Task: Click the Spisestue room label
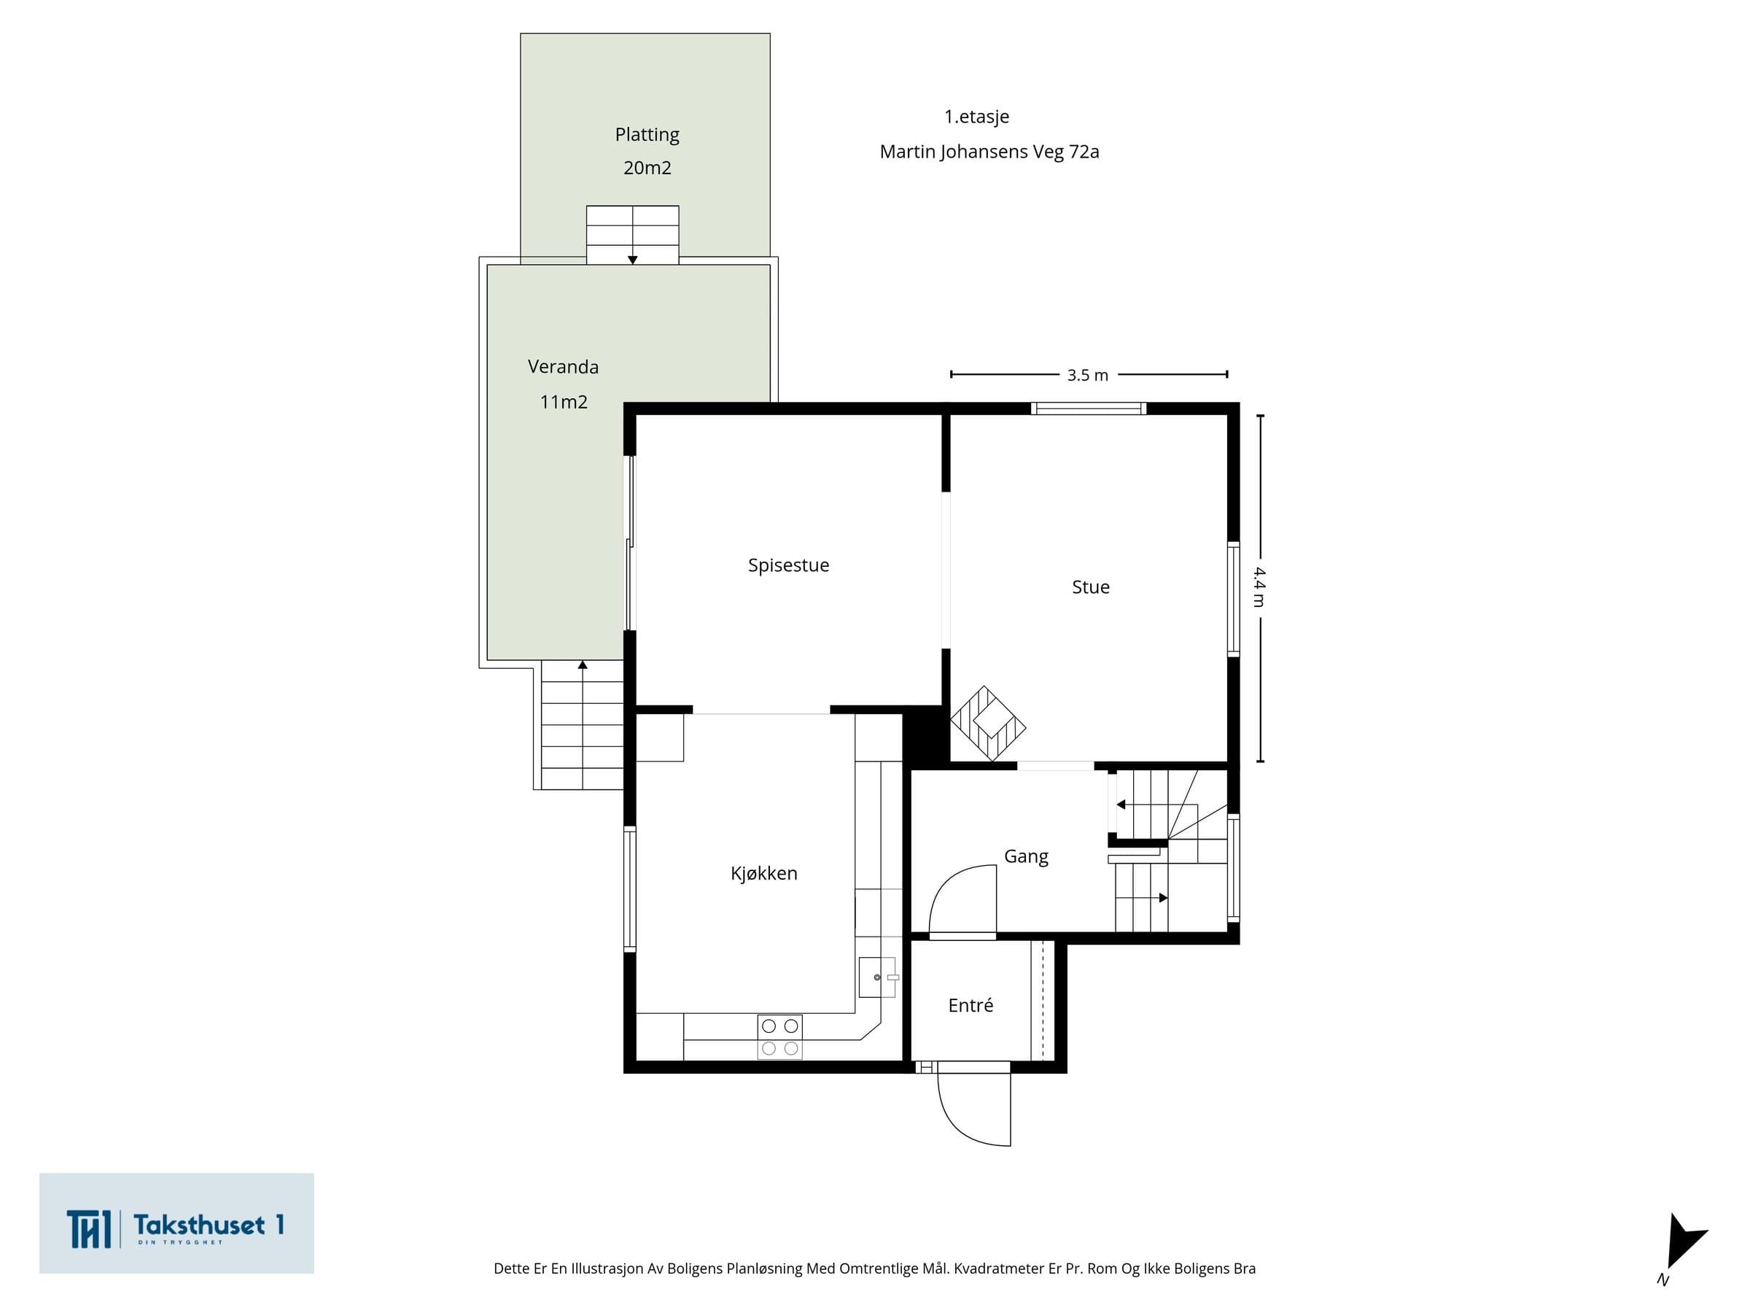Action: [788, 565]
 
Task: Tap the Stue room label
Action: [1090, 587]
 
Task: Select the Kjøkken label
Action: [763, 873]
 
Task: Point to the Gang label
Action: [1026, 856]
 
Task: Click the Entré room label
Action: [970, 1005]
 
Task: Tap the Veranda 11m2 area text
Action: [564, 384]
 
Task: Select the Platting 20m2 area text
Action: [647, 151]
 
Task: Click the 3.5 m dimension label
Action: [1088, 375]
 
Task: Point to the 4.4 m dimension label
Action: [1259, 587]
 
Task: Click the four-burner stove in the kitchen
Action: [780, 1037]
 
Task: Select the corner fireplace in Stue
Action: [988, 724]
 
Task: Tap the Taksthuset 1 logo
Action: [176, 1223]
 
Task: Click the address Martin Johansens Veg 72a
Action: [989, 152]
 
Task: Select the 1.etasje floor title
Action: [976, 117]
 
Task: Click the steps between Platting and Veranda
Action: [632, 235]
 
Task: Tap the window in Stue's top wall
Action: [1088, 408]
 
